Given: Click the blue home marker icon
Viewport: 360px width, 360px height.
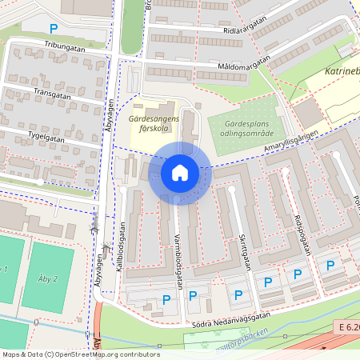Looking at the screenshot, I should (x=179, y=173).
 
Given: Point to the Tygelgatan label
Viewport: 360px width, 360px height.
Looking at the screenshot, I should (x=45, y=138).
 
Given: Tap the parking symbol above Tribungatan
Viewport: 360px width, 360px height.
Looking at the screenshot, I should (x=54, y=28).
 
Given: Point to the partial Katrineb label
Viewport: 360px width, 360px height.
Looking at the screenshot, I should (x=342, y=73).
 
